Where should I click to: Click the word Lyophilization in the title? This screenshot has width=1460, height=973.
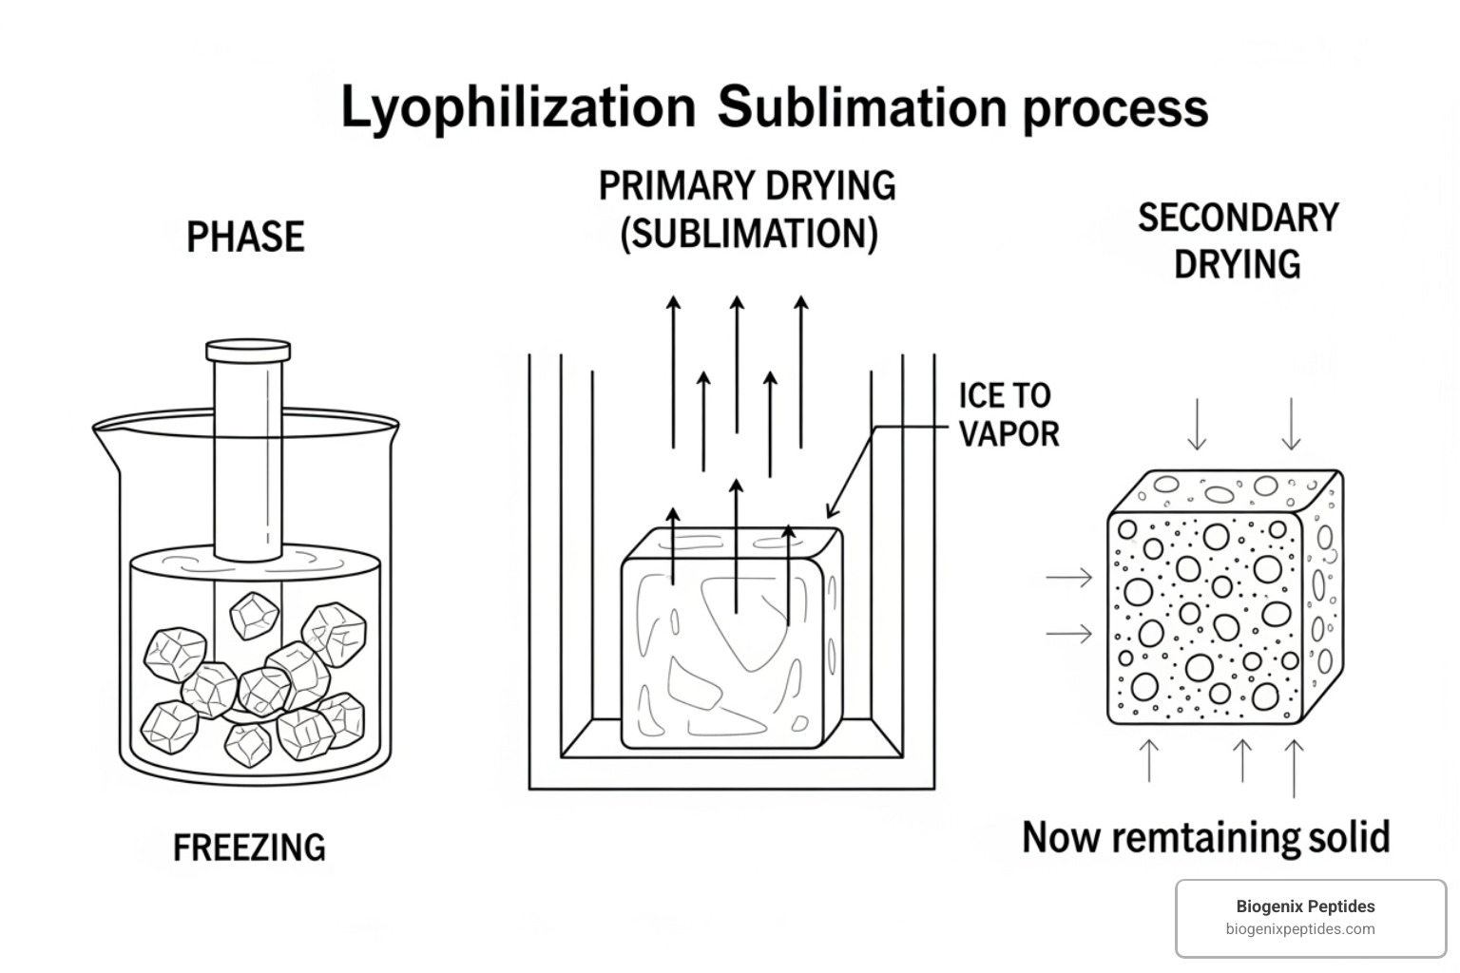tap(518, 107)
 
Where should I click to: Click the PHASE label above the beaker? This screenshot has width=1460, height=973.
tap(245, 237)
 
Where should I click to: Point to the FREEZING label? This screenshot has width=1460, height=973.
tap(249, 847)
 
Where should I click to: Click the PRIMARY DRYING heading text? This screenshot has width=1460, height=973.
tap(747, 185)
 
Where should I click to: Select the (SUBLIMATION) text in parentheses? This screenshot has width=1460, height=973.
tap(748, 233)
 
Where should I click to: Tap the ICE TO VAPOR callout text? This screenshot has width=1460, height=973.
tap(1008, 414)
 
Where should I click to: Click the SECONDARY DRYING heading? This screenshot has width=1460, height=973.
tap(1238, 240)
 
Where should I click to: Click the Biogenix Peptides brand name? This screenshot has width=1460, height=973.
tap(1305, 906)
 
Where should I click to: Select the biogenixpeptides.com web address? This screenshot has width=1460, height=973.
tap(1299, 929)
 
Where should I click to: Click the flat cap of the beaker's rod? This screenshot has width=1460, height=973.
tap(248, 351)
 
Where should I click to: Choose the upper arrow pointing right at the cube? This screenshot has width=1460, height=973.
tap(1069, 577)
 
